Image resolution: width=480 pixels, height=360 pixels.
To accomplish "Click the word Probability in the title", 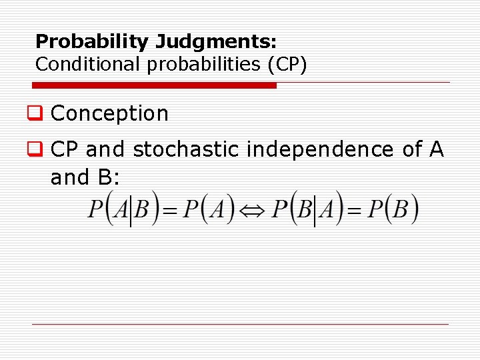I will tap(93, 42).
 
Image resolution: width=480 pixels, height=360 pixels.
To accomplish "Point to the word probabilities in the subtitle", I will tap(197, 65).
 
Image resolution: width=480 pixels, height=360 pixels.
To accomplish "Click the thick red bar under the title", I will tap(155, 85).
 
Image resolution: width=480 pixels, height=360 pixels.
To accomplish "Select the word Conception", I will tap(109, 114).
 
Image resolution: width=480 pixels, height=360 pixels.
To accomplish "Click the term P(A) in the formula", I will tap(209, 211).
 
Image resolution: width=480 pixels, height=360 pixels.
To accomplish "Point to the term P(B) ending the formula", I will tap(393, 211).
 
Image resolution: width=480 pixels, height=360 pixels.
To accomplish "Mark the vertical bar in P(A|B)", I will tap(131, 211).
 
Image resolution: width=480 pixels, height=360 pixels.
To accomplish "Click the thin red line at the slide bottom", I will tap(240, 325).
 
